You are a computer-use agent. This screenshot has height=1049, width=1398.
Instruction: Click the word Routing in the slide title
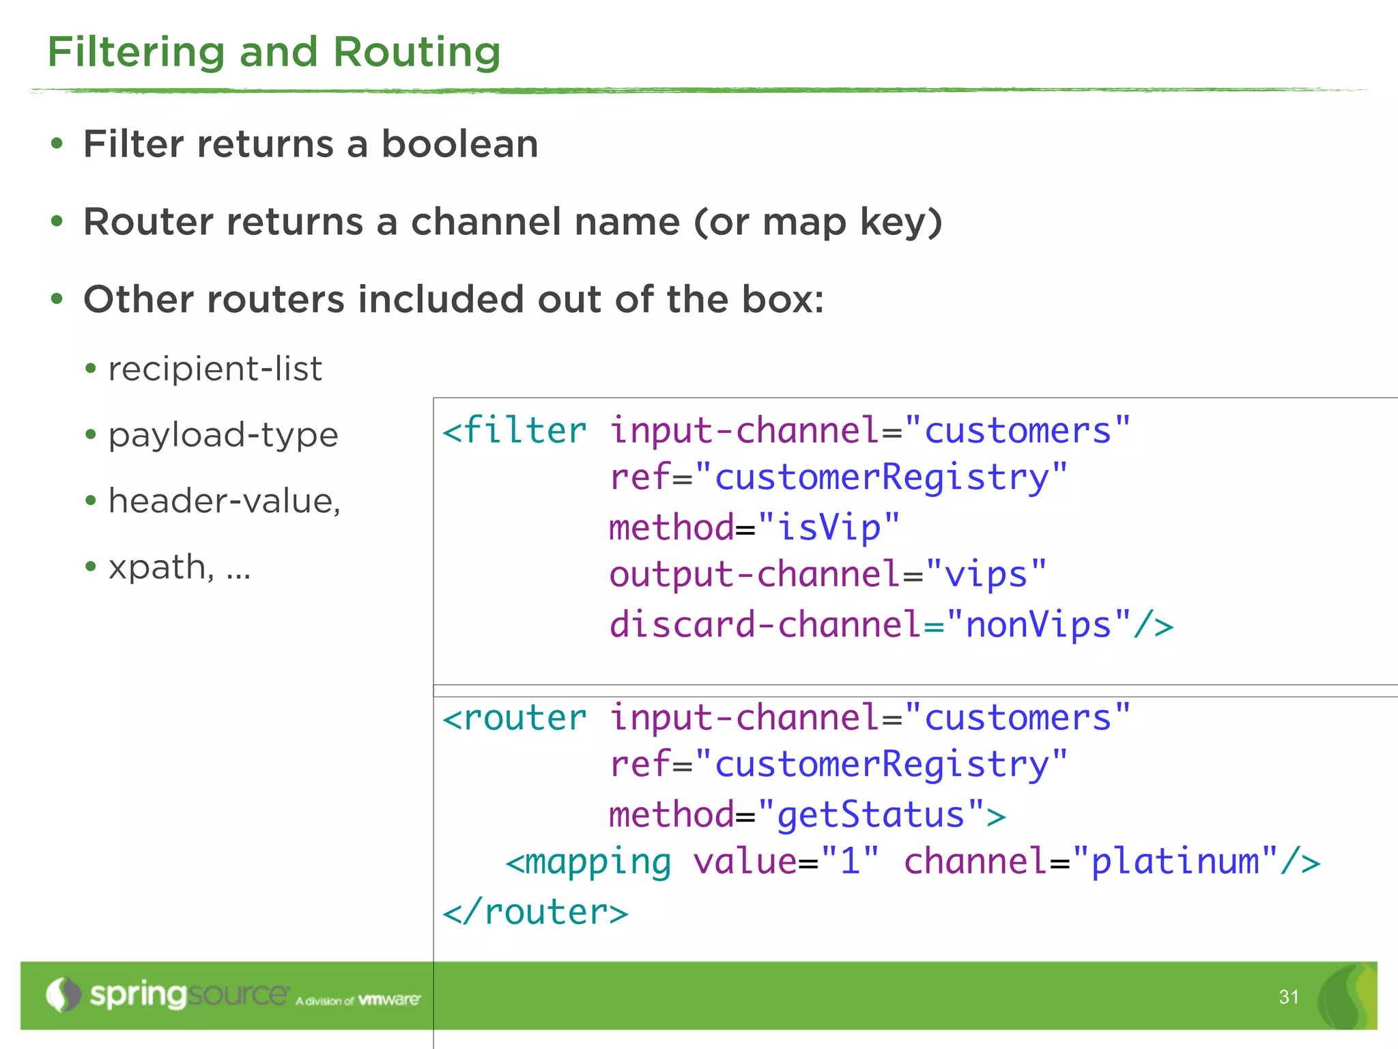[x=416, y=53]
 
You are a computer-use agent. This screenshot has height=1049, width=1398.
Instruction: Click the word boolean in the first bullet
[x=459, y=144]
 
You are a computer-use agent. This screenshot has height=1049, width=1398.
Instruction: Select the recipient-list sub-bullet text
[x=215, y=369]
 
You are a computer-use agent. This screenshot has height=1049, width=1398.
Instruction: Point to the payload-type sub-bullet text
[x=223, y=435]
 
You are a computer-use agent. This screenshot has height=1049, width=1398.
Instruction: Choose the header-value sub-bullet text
[x=225, y=501]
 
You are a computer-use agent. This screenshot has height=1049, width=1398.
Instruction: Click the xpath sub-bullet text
[x=162, y=567]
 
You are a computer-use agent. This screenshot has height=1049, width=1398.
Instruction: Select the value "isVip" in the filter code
[x=829, y=528]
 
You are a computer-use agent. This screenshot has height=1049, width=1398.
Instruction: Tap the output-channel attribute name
[x=754, y=574]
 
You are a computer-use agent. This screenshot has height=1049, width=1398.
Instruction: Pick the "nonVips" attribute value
[x=1038, y=625]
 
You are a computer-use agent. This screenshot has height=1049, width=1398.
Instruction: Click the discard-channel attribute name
[x=765, y=625]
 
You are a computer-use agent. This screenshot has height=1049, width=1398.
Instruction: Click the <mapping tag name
[x=588, y=862]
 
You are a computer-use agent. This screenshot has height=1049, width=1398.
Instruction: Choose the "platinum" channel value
[x=1174, y=861]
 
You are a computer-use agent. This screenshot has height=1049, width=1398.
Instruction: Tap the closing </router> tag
[x=535, y=912]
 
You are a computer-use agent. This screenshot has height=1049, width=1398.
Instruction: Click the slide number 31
[x=1289, y=997]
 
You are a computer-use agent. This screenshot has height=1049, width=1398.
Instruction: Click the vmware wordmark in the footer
[x=389, y=1000]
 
